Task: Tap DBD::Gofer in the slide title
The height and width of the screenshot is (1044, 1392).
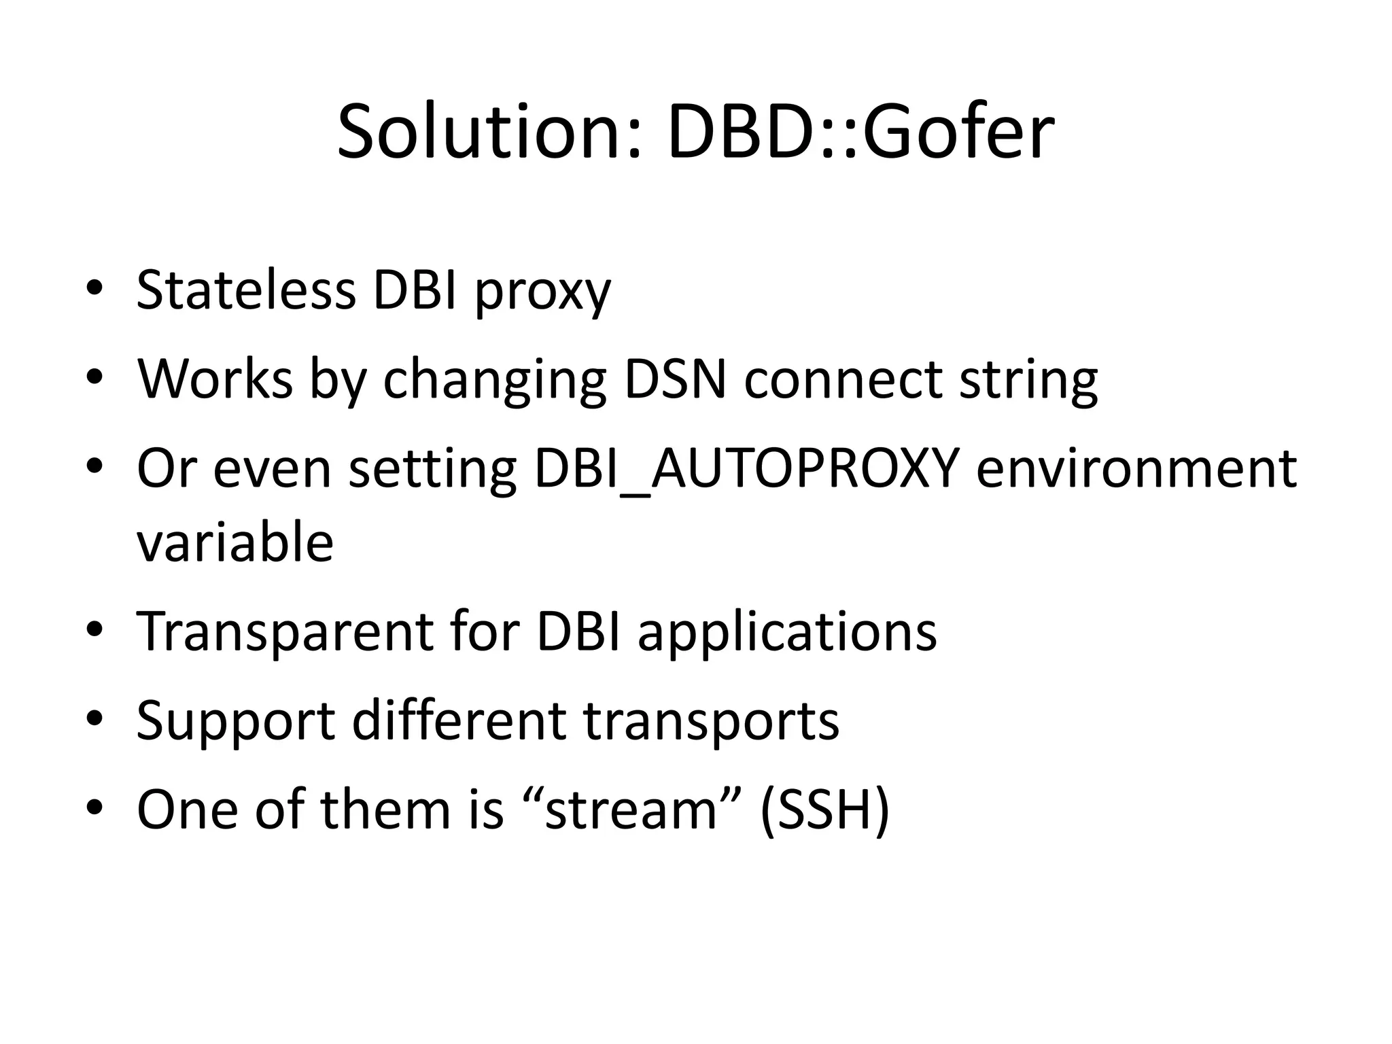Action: pos(860,132)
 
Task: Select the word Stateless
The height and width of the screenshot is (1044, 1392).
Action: pos(246,290)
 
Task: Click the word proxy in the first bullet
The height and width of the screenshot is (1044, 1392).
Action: pos(542,292)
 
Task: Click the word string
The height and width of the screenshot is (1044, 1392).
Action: pos(1028,381)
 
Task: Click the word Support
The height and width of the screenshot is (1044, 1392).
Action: pos(236,721)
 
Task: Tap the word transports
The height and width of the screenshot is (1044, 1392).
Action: pos(712,721)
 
